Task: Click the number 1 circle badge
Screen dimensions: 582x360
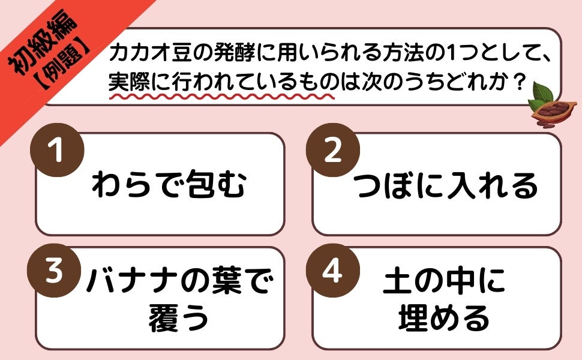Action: coord(58,150)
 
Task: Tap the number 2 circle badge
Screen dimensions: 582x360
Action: coord(332,150)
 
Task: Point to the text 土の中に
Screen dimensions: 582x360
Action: coord(444,283)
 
